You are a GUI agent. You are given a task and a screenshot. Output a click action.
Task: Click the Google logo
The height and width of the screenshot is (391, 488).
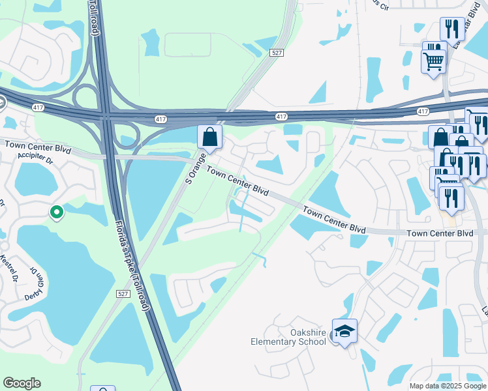(22, 383)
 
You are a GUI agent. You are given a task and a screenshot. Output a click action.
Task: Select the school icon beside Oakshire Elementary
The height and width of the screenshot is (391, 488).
(344, 332)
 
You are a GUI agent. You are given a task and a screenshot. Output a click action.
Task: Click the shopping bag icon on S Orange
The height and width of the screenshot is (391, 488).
(209, 138)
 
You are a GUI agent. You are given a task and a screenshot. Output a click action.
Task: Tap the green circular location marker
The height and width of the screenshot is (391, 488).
(57, 212)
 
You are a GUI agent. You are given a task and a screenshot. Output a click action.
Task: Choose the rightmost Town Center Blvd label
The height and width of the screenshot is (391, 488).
(439, 233)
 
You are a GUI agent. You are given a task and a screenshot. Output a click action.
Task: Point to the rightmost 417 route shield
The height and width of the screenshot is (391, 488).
(423, 112)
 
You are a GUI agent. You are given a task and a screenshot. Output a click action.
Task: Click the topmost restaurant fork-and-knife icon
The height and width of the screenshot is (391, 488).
(451, 29)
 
